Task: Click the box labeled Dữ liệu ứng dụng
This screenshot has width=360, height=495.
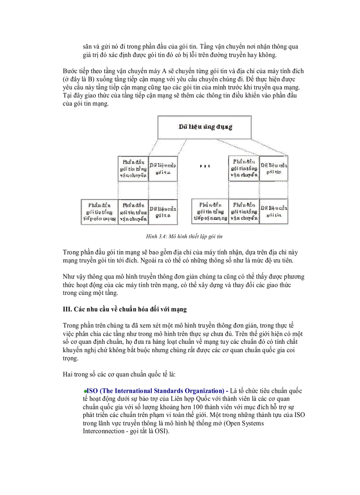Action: [x=205, y=127]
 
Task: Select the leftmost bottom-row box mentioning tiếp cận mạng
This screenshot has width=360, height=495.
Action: [x=99, y=212]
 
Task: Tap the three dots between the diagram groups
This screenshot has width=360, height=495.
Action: [x=205, y=167]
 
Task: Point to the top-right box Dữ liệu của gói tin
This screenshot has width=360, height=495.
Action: [x=274, y=168]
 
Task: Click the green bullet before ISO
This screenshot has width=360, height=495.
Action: [x=85, y=391]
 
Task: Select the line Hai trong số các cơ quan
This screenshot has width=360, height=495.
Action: [x=119, y=374]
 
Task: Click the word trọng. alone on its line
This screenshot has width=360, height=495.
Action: [x=71, y=358]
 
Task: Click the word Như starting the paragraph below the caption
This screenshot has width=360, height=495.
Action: [x=70, y=277]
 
